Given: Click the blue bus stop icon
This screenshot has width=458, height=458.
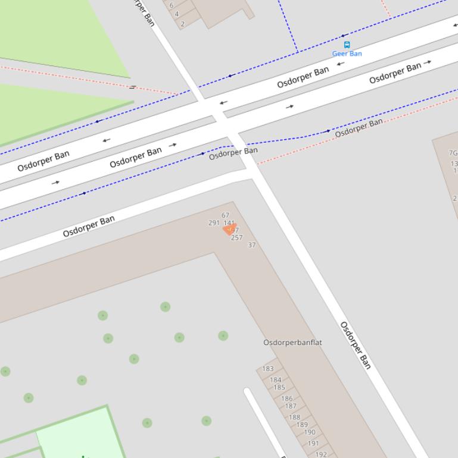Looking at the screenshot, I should click(x=347, y=45).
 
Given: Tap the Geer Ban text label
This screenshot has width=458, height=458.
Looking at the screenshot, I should click(x=347, y=54).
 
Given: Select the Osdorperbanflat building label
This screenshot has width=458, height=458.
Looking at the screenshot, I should click(x=292, y=343).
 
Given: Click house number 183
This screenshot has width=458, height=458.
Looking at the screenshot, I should click(x=268, y=369).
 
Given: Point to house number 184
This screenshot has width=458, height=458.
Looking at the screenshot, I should click(x=275, y=379).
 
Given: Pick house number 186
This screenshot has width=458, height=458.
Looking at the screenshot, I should click(x=286, y=399).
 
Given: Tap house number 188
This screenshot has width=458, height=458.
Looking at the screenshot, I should click(x=294, y=417).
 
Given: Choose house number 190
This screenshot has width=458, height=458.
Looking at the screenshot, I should click(x=309, y=432).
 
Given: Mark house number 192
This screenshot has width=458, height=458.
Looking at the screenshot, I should click(x=321, y=454).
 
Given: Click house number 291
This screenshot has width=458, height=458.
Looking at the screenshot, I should click(x=214, y=223).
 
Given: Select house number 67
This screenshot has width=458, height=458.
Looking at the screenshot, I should click(x=225, y=215).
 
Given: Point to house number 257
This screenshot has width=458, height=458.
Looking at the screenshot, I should click(x=236, y=237).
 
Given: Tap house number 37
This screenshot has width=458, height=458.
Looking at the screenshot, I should click(x=251, y=244).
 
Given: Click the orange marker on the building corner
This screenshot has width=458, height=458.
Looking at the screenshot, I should click(x=229, y=230).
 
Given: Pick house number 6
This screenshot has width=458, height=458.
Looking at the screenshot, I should click(x=172, y=5).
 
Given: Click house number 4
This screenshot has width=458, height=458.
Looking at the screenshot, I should click(x=177, y=14).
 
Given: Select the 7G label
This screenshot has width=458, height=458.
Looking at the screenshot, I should click(x=453, y=153).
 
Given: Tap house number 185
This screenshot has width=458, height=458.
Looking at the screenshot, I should click(x=279, y=388).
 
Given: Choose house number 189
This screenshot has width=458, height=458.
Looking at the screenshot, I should click(x=302, y=425).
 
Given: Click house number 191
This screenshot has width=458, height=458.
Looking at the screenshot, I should click(x=313, y=443).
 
